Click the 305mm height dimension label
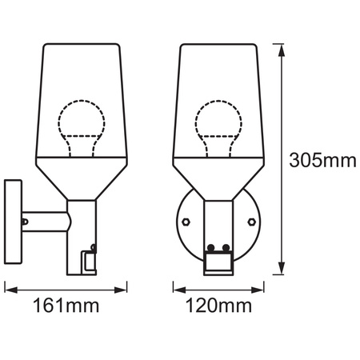pos(322,160)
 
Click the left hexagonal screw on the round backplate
pos(185,220)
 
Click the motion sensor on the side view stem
pos(88,258)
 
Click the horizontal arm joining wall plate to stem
pos(44,218)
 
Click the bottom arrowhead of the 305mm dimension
pos(281,270)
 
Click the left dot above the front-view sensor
pos(212,247)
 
